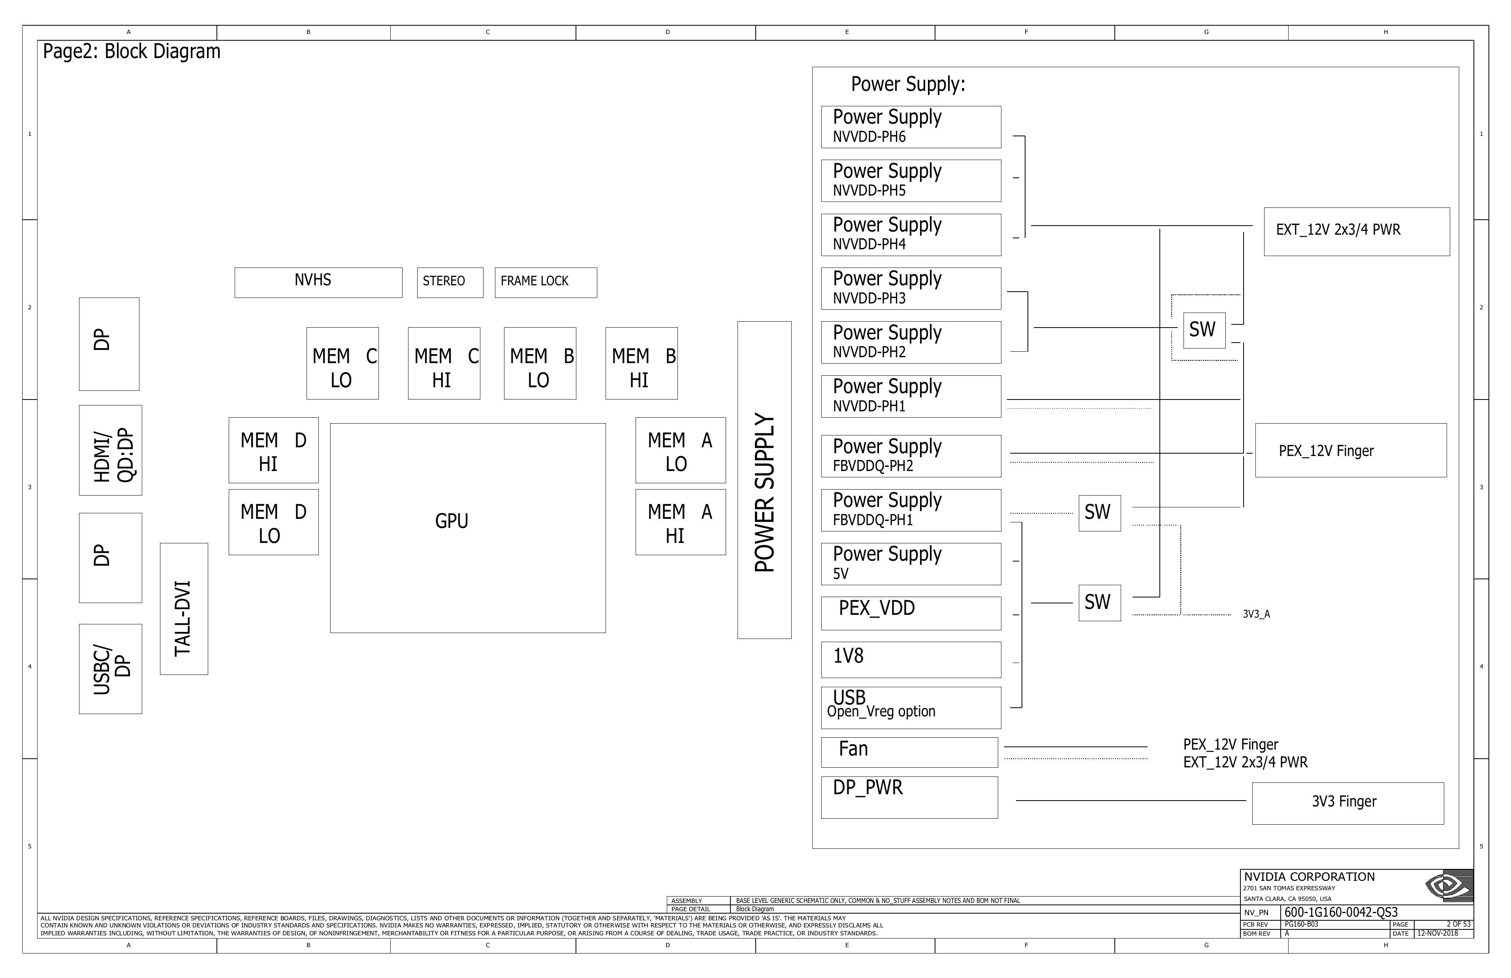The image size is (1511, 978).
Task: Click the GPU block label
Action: pyautogui.click(x=452, y=521)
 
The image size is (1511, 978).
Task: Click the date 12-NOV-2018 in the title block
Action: pyautogui.click(x=1438, y=933)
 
